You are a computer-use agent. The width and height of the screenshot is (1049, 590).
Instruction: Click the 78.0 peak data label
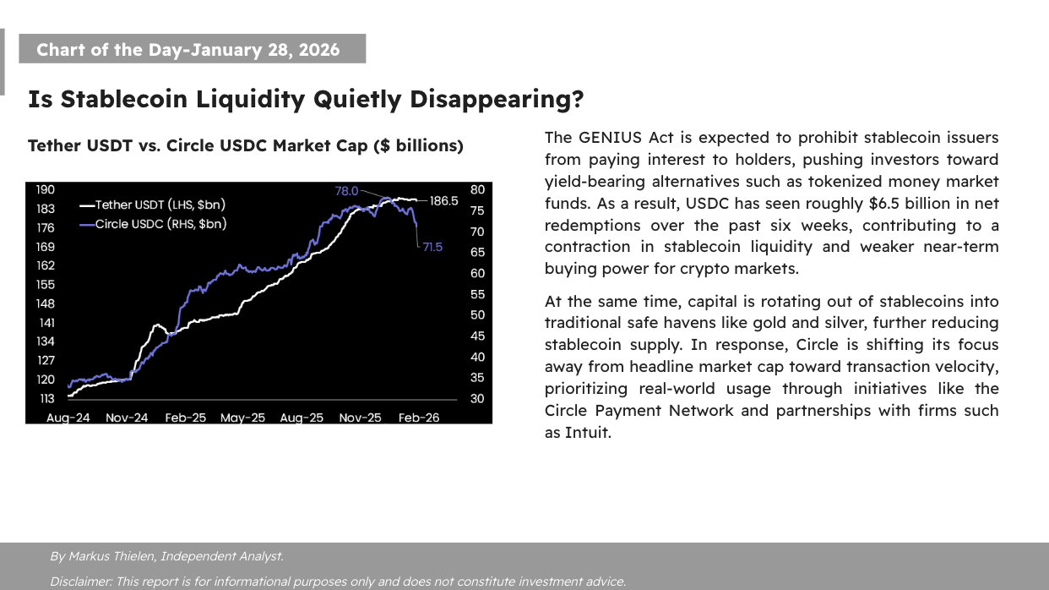346,191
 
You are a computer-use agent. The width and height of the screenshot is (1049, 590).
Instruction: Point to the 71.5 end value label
432,247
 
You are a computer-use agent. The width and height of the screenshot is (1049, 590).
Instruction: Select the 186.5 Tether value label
443,201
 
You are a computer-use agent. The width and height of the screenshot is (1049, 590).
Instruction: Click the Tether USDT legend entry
153,205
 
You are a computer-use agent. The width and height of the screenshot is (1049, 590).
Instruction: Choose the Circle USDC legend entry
153,224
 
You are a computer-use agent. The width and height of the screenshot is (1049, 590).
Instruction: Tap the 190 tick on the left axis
46,190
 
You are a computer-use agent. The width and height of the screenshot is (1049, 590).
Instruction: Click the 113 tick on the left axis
46,399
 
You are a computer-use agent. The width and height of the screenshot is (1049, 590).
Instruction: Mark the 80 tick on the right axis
478,190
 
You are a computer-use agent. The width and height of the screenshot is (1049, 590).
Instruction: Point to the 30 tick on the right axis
478,399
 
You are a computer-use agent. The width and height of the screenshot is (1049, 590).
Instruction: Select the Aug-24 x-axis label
68,418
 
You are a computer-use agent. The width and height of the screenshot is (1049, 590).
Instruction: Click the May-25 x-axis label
242,418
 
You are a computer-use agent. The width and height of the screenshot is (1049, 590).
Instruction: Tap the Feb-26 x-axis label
419,418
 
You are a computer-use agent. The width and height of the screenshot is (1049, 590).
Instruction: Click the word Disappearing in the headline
497,100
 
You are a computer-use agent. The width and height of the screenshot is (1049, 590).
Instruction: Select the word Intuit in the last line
588,433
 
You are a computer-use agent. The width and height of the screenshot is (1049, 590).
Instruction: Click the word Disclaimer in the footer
81,582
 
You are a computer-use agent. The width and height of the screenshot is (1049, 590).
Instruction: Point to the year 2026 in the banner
319,50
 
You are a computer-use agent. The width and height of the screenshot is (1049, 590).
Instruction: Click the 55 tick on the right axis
478,294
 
